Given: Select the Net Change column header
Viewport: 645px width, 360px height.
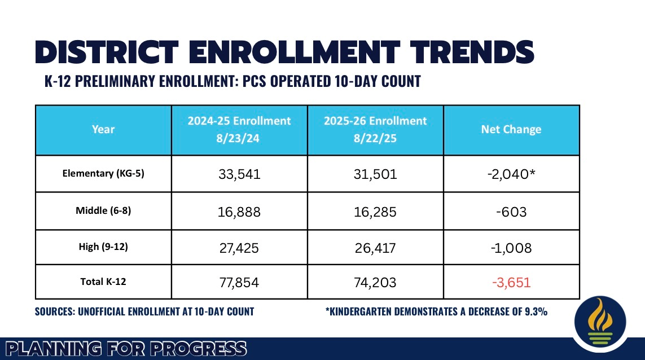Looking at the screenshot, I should point(511,129).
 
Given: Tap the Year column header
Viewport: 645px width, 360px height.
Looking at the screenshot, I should point(103,129).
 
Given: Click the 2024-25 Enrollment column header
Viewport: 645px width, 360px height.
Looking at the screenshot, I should point(239,129).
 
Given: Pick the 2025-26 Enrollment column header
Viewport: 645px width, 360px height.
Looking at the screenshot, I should point(376,129).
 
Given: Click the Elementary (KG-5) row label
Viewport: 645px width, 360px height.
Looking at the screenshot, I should point(103,173).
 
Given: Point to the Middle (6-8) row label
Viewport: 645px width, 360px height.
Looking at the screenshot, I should point(103,210).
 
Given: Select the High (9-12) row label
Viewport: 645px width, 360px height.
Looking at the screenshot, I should point(103,247).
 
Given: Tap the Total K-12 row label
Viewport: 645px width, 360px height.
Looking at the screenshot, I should point(103,282).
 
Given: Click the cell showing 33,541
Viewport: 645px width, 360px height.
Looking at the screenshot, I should point(239,174).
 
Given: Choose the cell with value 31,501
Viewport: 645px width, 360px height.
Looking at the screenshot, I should point(376,174).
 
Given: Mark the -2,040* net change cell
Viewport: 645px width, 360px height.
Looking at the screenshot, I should point(511,174).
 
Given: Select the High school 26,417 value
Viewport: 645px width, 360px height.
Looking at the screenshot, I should point(376,248).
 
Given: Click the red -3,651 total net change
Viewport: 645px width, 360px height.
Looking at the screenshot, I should point(511,282).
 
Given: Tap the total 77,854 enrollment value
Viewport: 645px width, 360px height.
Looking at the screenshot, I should point(239,282).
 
